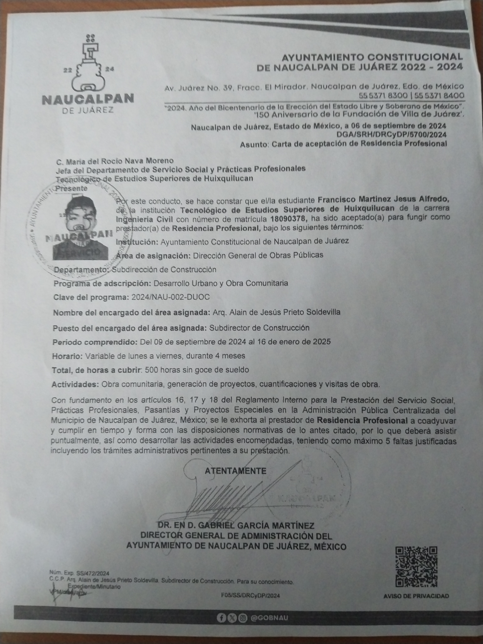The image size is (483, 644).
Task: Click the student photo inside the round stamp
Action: [x=80, y=226]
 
